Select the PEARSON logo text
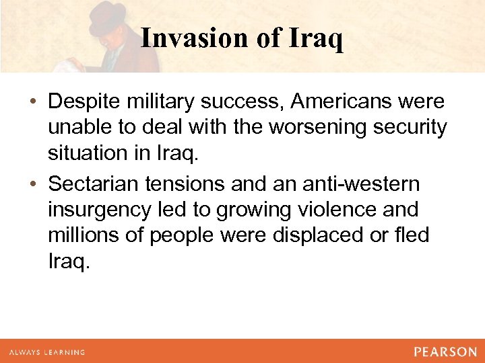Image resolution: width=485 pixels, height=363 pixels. [x=445, y=352]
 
